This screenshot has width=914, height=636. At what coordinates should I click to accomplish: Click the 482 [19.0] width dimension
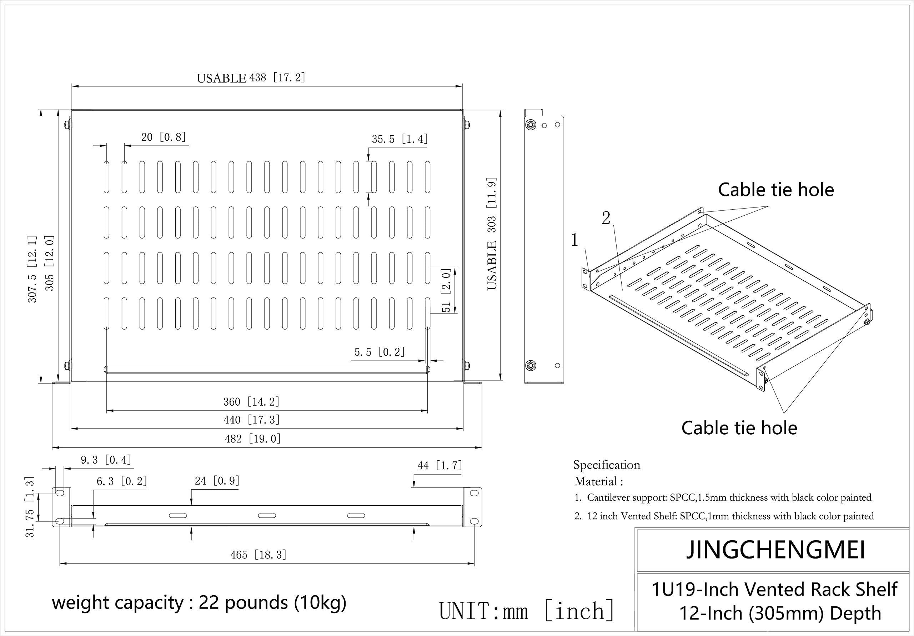click(x=253, y=439)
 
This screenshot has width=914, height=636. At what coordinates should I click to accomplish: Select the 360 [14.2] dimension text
click(x=251, y=402)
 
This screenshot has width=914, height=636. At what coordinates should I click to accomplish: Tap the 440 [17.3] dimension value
click(x=251, y=420)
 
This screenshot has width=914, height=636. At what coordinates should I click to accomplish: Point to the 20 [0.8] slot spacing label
click(x=164, y=137)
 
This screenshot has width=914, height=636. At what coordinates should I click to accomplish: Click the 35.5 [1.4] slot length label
click(x=400, y=139)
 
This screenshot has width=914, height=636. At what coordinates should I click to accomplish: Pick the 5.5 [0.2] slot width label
click(x=380, y=352)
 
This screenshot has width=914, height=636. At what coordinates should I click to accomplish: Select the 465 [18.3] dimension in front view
click(x=258, y=555)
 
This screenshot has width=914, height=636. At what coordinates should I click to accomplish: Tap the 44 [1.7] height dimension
click(x=440, y=466)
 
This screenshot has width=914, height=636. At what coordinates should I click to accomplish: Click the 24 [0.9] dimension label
click(x=217, y=481)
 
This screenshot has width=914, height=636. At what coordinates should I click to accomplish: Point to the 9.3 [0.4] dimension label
click(x=106, y=460)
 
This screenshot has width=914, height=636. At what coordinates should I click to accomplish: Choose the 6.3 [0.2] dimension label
click(x=122, y=481)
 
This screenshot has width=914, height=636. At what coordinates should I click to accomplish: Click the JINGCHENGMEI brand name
click(x=775, y=550)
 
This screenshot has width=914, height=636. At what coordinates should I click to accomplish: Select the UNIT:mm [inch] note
click(x=526, y=611)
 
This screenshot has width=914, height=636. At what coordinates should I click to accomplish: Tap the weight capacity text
click(x=199, y=602)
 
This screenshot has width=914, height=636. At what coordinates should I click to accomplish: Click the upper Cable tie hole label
click(x=775, y=190)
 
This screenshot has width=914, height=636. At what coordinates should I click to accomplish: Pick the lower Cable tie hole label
click(x=739, y=428)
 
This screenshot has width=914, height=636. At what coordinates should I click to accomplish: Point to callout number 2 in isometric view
click(x=606, y=218)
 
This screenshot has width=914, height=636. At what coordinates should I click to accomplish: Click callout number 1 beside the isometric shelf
click(x=574, y=240)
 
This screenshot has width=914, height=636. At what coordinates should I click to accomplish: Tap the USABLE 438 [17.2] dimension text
click(x=251, y=77)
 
